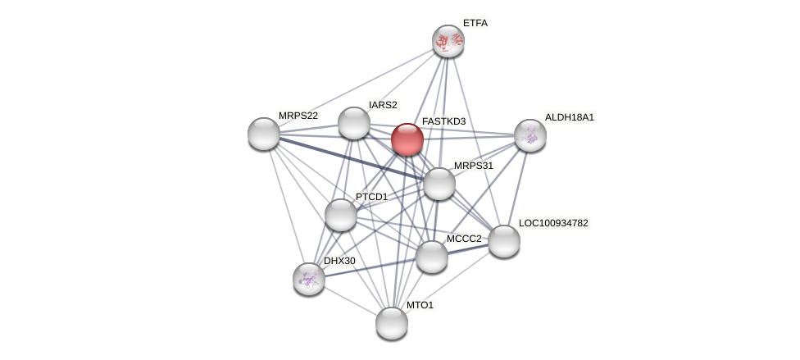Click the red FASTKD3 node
click(407, 139)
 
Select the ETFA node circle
click(448, 41)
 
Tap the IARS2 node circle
click(354, 123)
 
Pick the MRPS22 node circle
click(264, 134)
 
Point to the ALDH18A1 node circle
click(530, 135)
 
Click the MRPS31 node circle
click(439, 184)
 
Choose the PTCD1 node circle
click(341, 215)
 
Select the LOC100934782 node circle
click(504, 241)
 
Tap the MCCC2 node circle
click(432, 257)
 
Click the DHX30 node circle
click(309, 279)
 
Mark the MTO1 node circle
click(392, 323)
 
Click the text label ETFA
click(475, 23)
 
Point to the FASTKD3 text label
click(443, 121)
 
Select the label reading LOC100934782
click(553, 223)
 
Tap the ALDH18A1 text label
click(570, 117)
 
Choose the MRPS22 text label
click(298, 116)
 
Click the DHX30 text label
click(339, 261)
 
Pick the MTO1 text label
click(420, 305)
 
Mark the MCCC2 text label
click(464, 239)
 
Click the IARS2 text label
click(383, 105)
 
